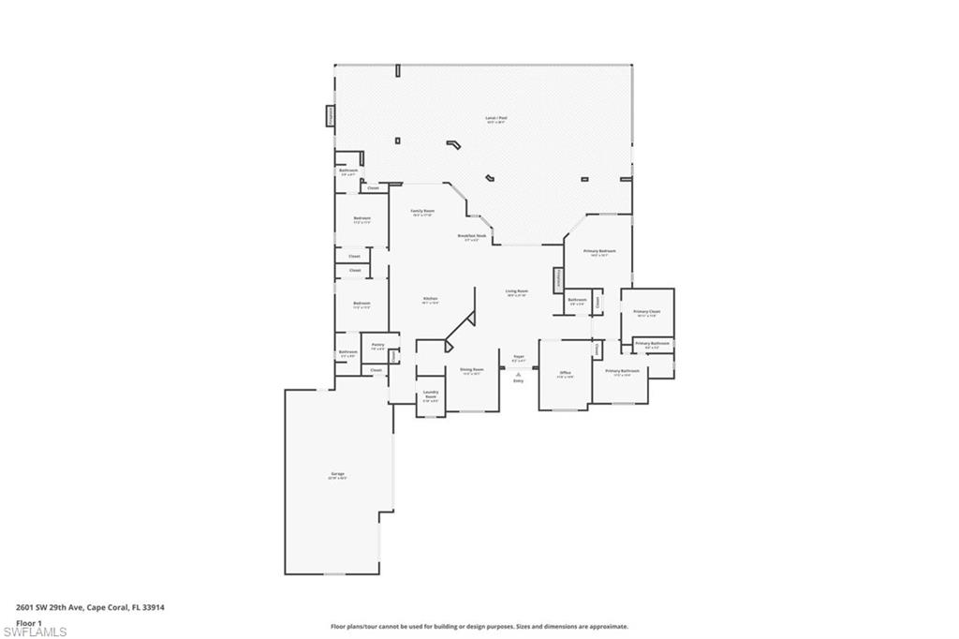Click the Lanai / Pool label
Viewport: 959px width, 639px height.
click(495, 119)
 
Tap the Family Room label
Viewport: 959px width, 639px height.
click(422, 212)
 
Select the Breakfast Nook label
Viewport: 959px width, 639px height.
click(472, 236)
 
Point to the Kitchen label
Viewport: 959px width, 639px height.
click(430, 299)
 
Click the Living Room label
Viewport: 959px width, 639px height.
click(517, 291)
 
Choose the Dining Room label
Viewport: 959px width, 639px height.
click(472, 370)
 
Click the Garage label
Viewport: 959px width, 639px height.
click(337, 474)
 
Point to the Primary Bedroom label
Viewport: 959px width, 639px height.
click(599, 251)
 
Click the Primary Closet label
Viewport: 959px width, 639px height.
click(647, 312)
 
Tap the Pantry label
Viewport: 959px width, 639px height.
click(377, 345)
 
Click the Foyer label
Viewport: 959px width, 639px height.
click(518, 357)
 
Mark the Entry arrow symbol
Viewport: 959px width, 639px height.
click(518, 373)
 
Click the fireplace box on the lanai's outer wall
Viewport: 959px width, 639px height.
click(330, 115)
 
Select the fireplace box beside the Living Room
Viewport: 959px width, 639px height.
click(557, 279)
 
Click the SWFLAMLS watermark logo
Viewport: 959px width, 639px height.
click(35, 631)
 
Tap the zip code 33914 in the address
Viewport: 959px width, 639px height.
click(155, 607)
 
